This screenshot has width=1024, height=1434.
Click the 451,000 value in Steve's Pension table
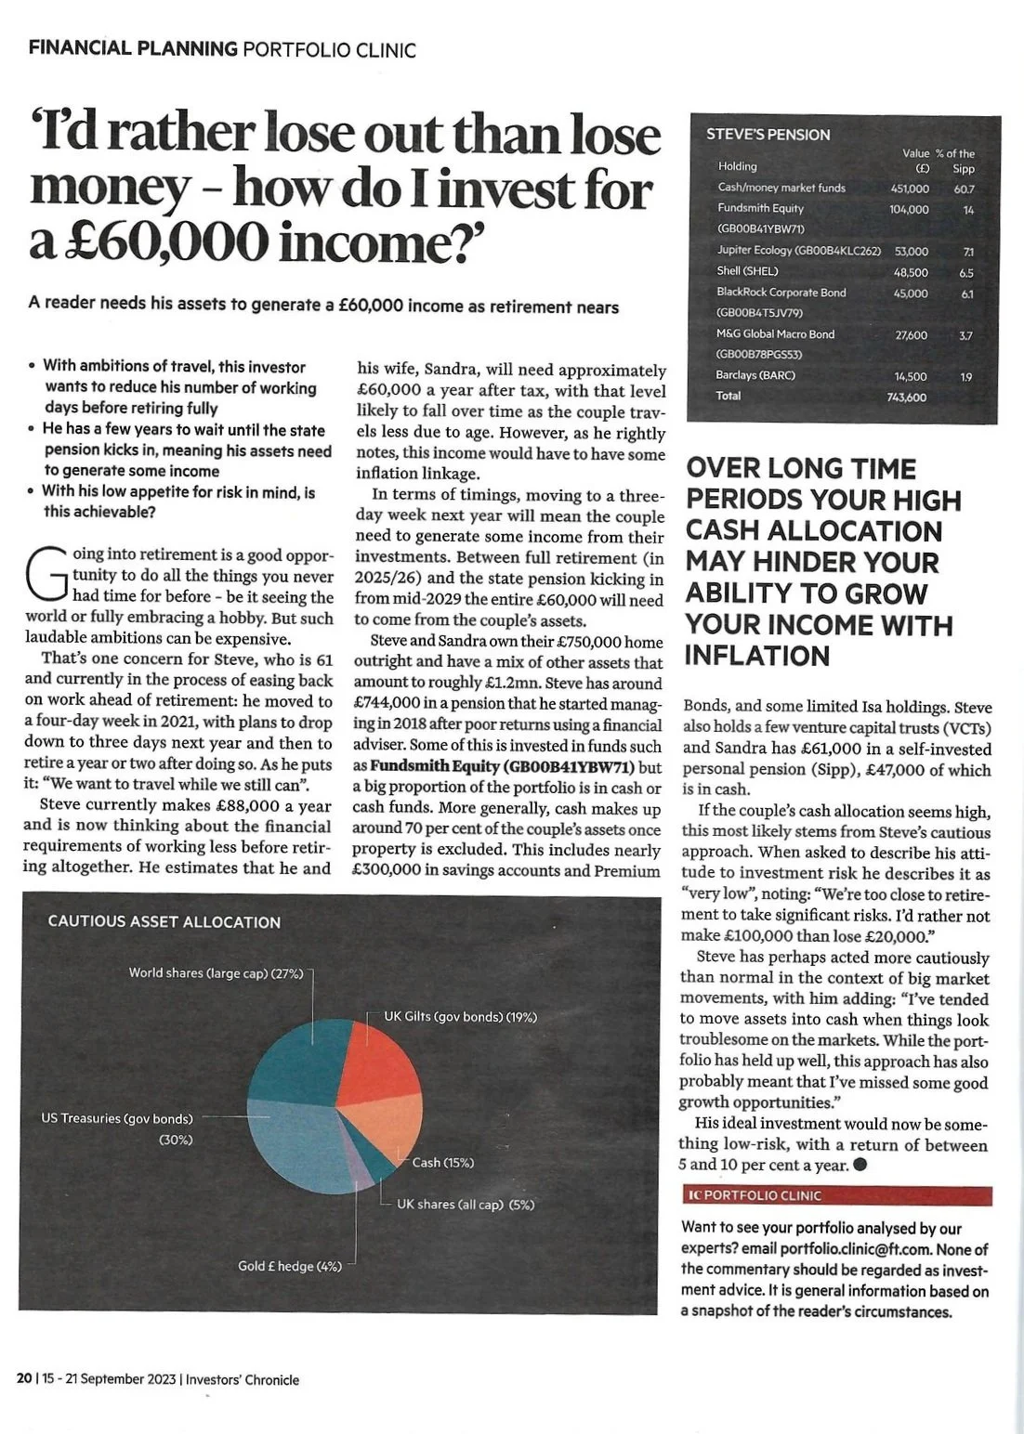[908, 188]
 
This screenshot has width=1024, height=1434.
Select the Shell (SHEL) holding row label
[748, 271]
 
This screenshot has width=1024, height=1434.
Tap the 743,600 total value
[908, 397]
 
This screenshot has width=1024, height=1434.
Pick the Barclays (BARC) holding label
[756, 375]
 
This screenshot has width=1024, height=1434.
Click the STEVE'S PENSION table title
[768, 135]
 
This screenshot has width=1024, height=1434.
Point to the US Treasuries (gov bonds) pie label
[117, 1118]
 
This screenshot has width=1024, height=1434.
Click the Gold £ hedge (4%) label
[290, 1266]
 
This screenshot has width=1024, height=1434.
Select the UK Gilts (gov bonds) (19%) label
[461, 1017]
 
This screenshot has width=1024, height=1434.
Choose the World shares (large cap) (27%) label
[217, 972]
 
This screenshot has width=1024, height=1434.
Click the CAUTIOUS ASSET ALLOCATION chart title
[164, 922]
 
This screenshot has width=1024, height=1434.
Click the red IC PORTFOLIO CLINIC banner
[835, 1195]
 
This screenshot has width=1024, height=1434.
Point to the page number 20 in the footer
[23, 1379]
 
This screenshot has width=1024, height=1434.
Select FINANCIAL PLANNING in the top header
[133, 48]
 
